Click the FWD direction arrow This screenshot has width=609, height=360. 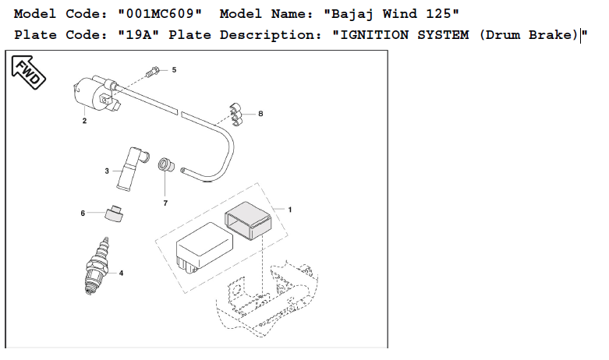click(x=28, y=72)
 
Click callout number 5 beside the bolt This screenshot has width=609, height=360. click(x=174, y=70)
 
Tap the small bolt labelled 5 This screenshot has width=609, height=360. click(x=152, y=72)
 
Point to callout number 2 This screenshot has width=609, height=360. click(x=84, y=121)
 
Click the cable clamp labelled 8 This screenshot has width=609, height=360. click(x=235, y=115)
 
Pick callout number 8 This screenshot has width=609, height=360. click(x=260, y=114)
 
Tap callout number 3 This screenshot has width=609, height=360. click(x=107, y=171)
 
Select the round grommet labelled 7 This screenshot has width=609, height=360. click(x=166, y=164)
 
